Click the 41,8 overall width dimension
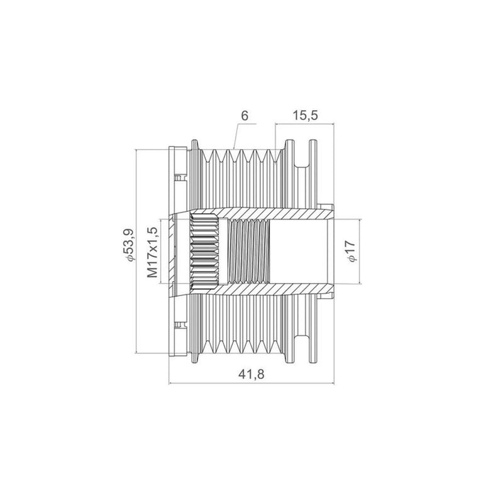click(x=251, y=374)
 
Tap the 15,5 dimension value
click(x=305, y=116)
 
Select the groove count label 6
click(x=245, y=116)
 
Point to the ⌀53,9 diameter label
click(x=129, y=245)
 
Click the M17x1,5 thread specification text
click(x=152, y=252)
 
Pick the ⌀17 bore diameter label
click(x=351, y=251)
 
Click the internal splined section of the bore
click(x=204, y=251)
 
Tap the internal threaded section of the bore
click(x=249, y=251)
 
